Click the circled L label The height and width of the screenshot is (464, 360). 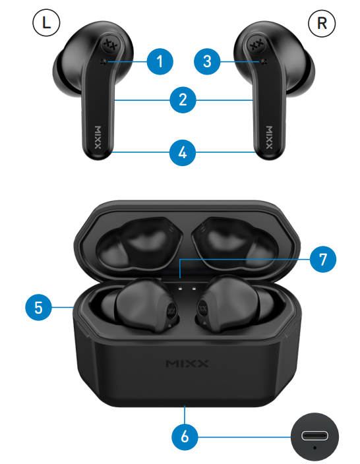pyautogui.click(x=46, y=23)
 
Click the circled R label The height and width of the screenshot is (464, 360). pyautogui.click(x=322, y=23)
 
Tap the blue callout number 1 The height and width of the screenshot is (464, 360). pyautogui.click(x=160, y=61)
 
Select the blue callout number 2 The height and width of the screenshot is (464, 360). pyautogui.click(x=183, y=100)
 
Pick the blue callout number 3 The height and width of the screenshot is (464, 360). pyautogui.click(x=207, y=61)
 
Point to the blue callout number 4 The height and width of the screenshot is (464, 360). pyautogui.click(x=183, y=153)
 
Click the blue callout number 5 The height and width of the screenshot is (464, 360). pyautogui.click(x=38, y=307)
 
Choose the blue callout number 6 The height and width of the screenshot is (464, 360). pyautogui.click(x=185, y=437)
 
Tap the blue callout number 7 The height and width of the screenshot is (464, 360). pyautogui.click(x=323, y=259)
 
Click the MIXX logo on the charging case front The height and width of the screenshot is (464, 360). pyautogui.click(x=187, y=363)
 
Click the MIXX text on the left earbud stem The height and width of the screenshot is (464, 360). pyautogui.click(x=98, y=137)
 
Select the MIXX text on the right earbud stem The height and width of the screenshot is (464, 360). pyautogui.click(x=269, y=137)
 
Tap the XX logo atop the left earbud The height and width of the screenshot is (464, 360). pyautogui.click(x=111, y=45)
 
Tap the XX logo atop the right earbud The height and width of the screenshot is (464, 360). pyautogui.click(x=256, y=45)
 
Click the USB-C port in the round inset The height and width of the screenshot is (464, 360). pyautogui.click(x=315, y=435)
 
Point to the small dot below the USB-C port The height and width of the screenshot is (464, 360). pyautogui.click(x=315, y=448)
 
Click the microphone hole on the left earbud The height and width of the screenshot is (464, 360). pyautogui.click(x=104, y=61)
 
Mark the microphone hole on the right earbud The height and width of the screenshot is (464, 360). pyautogui.click(x=264, y=61)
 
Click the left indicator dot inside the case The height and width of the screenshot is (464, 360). pyautogui.click(x=180, y=288)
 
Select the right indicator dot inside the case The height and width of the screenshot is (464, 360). pyautogui.click(x=194, y=288)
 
